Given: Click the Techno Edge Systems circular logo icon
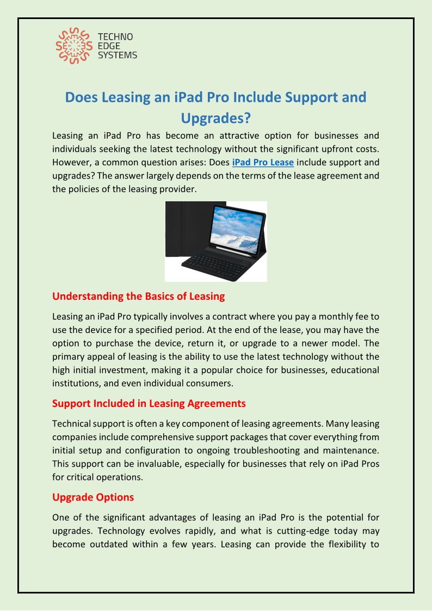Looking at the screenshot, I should (73, 46).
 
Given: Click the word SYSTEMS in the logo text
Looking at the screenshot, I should (117, 55).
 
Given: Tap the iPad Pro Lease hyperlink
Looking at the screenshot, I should (263, 162).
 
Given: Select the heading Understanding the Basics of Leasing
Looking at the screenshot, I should (138, 297).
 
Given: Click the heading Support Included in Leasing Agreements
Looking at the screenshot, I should (149, 404).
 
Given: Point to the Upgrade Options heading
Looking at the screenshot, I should (92, 497).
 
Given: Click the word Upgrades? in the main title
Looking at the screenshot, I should (215, 118).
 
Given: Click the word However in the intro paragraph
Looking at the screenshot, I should (72, 162).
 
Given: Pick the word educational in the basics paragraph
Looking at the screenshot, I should (352, 370).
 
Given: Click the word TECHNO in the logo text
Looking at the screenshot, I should (115, 37).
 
